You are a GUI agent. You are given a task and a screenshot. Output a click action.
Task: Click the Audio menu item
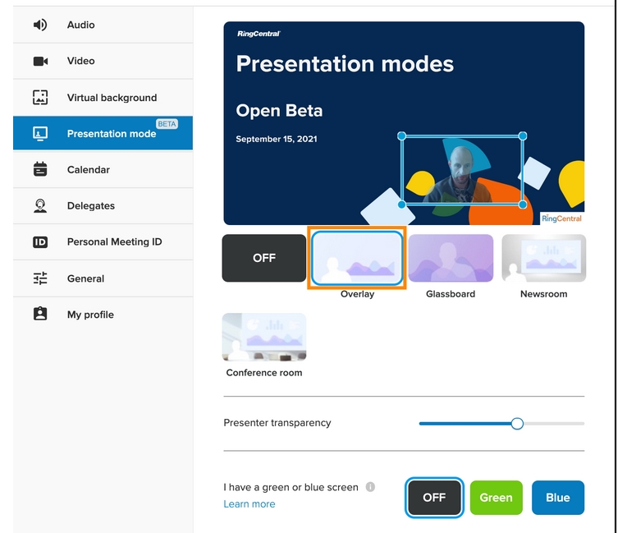(80, 25)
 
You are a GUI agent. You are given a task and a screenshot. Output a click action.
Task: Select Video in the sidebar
(80, 61)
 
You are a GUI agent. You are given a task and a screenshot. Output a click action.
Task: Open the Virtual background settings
(112, 98)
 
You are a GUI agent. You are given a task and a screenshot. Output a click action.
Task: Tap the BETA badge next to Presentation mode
(167, 124)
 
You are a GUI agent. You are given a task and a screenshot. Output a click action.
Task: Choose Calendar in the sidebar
(88, 170)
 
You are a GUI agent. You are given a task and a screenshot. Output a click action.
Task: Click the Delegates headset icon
(40, 206)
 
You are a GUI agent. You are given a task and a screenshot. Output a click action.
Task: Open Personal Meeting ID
(114, 242)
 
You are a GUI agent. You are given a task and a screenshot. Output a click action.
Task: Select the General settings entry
(85, 278)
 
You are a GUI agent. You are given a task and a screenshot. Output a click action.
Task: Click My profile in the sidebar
(90, 315)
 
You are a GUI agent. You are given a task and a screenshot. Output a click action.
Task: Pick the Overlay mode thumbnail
(357, 259)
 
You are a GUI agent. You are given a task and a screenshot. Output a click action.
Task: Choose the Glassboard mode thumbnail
(451, 258)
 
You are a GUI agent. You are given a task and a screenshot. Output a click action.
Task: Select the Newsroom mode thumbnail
(543, 258)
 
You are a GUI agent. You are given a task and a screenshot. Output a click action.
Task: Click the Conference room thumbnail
(264, 337)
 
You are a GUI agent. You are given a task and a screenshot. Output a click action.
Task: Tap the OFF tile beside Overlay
(264, 258)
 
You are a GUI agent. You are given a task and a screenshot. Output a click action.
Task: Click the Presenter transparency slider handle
(517, 424)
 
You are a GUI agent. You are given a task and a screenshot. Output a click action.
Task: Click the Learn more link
(249, 504)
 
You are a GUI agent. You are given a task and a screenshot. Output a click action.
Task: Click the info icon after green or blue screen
(370, 487)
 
